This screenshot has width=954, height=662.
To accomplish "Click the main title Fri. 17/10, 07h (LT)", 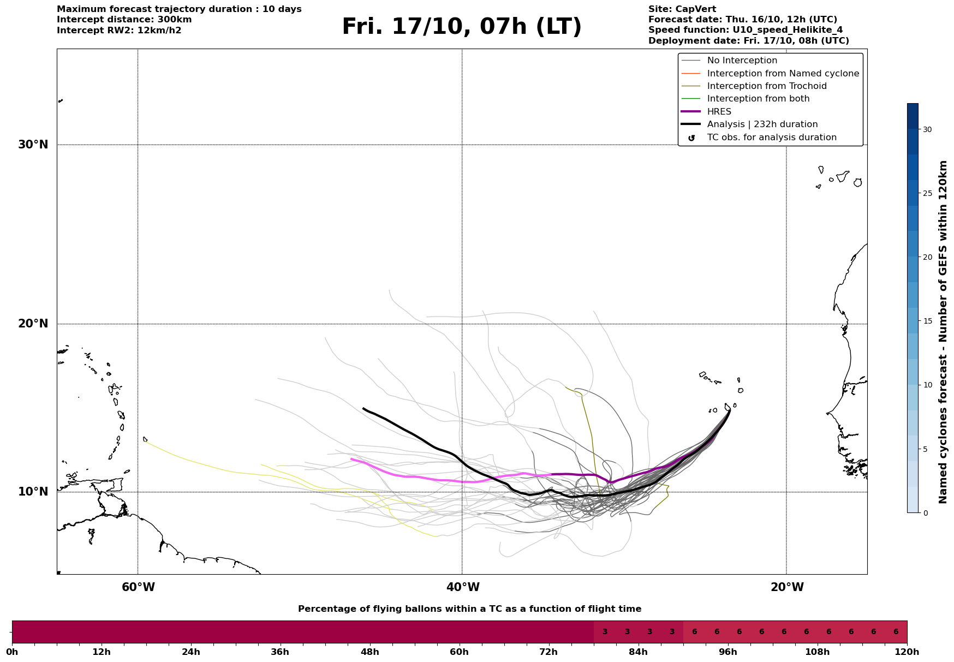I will point(462,27).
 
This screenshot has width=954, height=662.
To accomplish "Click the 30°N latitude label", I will point(33,145).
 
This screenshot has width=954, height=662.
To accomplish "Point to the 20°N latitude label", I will point(33,324).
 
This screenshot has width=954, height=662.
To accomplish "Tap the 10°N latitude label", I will point(33,492).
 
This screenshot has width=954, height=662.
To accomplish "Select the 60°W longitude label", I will point(138,587).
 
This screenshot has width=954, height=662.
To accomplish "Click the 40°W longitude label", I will point(463,587).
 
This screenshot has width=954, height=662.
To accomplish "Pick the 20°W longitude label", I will point(787,587).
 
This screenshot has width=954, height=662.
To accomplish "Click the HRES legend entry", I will point(719,112).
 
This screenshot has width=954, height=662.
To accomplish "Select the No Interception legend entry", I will point(742,61).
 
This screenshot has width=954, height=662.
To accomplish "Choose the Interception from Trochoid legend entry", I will point(766,86).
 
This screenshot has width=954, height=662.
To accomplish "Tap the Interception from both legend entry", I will point(758,99).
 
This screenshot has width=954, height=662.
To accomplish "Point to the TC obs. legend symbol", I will point(691,138).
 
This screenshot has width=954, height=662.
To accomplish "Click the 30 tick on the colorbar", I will point(927,129).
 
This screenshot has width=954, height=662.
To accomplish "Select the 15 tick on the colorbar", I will point(927,321).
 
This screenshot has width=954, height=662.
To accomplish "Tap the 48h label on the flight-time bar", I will point(369,652).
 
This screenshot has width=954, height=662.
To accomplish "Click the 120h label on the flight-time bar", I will point(907,652).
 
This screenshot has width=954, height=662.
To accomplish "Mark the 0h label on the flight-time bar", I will point(12,652).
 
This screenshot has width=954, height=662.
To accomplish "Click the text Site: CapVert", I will point(682,9).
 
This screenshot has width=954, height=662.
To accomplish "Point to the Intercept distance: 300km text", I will point(124,20).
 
